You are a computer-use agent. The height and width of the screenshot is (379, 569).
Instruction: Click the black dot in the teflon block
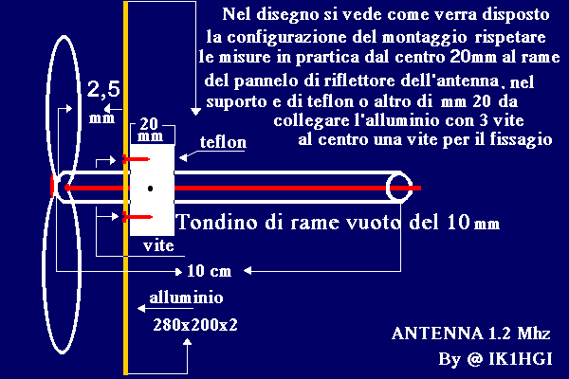150,189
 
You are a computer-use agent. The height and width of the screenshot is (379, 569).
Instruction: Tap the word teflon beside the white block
223,142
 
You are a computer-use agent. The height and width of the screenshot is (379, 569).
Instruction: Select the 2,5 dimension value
103,89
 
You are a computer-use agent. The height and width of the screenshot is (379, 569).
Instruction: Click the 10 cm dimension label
209,271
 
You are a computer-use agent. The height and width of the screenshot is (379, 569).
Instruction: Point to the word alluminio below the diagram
186,298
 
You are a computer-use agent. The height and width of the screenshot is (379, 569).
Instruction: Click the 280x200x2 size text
195,325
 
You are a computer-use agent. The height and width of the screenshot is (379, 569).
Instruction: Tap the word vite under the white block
158,246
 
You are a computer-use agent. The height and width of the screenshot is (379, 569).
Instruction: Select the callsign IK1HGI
521,359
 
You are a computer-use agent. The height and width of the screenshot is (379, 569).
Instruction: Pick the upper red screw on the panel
136,159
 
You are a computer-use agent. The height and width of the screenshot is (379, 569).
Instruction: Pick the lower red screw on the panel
137,217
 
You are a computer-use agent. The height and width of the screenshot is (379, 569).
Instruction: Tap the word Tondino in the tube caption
218,222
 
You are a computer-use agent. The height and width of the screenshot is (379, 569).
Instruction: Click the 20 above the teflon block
149,124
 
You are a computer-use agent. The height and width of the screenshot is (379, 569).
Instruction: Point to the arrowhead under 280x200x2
187,342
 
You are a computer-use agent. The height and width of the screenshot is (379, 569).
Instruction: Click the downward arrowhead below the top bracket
196,112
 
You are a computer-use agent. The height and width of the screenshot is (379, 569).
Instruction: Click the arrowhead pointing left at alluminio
141,308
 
